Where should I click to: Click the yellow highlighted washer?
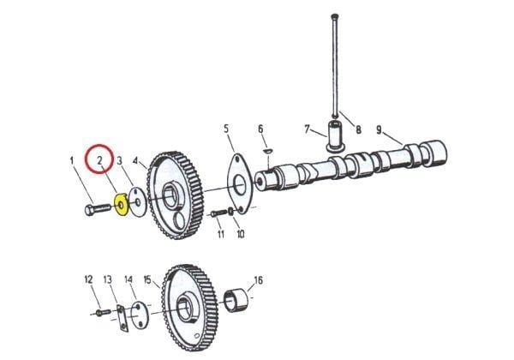click(121, 205)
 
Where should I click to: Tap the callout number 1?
click(72, 159)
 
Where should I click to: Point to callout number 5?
click(227, 129)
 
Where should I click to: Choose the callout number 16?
click(258, 280)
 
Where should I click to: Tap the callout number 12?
click(87, 279)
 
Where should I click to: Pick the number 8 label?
click(358, 130)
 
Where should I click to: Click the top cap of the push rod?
click(333, 15)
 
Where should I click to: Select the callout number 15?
click(147, 279)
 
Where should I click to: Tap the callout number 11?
click(220, 234)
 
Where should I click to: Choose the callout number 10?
click(240, 234)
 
